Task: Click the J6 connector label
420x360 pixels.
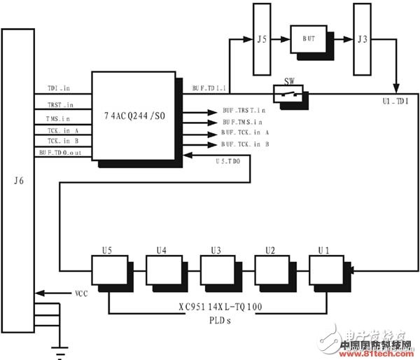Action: coord(19,181)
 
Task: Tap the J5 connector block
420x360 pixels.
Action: coord(260,39)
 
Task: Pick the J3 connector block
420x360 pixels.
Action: coord(362,39)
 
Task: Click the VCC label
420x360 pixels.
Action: coord(82,293)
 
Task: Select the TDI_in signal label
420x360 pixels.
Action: coord(58,89)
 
